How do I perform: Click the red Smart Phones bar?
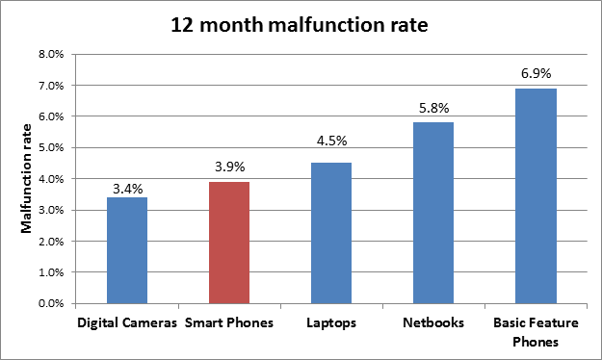tap(229, 243)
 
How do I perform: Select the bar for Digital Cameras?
tap(127, 250)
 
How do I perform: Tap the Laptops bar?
tap(331, 233)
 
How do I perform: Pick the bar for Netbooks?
tap(433, 213)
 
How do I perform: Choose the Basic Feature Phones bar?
tap(536, 196)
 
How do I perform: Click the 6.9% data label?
tap(536, 73)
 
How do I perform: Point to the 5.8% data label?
tap(433, 108)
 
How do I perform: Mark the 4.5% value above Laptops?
tap(331, 141)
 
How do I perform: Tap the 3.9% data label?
tap(229, 167)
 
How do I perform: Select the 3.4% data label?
tap(127, 189)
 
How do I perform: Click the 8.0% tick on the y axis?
tap(51, 54)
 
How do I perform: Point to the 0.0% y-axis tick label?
tap(51, 303)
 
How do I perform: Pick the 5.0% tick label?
tap(51, 148)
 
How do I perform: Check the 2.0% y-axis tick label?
tap(51, 242)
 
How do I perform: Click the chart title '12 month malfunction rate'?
tap(300, 25)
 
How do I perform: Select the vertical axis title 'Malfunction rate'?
tap(26, 178)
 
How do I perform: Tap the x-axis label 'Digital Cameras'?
tap(127, 322)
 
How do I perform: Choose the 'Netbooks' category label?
tap(433, 322)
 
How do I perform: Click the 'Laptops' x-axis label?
tap(331, 323)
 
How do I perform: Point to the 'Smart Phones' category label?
tap(229, 322)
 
